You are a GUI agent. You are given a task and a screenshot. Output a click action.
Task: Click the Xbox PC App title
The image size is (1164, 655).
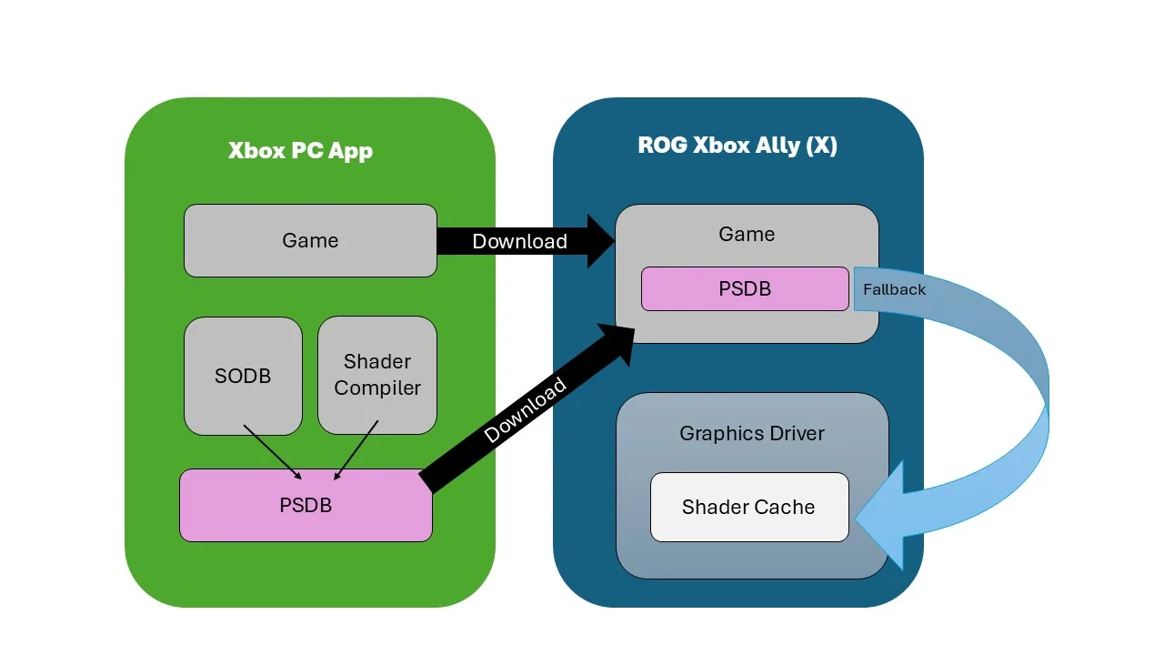300,150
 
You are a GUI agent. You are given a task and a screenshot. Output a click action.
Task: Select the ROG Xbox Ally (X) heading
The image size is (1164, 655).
738,146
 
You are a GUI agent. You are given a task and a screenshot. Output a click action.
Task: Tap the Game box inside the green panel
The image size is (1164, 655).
310,240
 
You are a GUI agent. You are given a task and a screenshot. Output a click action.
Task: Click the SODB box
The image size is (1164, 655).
243,376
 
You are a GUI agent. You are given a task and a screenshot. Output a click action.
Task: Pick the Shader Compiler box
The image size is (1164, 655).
377,375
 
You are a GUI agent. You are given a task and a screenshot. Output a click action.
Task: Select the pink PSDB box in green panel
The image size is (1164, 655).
306,505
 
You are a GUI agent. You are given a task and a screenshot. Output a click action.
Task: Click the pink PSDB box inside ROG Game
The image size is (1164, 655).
745,288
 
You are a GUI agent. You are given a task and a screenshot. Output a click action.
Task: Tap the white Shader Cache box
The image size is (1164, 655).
748,507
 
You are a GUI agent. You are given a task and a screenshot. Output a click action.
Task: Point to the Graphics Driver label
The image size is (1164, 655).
752,433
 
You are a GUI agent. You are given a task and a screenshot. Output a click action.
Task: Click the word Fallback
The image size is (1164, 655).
894,289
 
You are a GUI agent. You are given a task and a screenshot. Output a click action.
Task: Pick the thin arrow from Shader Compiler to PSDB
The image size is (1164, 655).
356,449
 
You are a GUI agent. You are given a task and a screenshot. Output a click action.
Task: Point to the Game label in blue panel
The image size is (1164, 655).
747,234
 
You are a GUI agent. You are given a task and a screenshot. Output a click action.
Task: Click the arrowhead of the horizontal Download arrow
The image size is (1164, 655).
600,241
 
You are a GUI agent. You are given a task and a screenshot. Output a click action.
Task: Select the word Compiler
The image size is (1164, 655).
377,388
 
